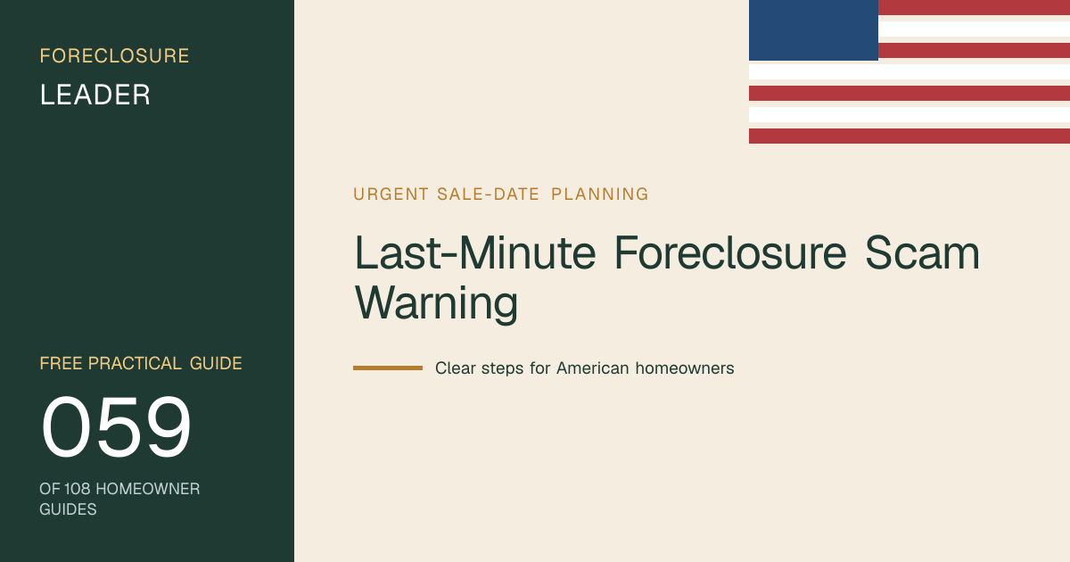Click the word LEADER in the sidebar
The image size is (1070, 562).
(x=95, y=95)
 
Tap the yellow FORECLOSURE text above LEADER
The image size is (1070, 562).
(x=115, y=56)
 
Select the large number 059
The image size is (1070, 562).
(x=116, y=426)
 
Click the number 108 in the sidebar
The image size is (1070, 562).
(x=77, y=489)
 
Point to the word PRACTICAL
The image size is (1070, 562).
(x=135, y=363)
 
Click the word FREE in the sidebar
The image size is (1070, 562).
(x=62, y=363)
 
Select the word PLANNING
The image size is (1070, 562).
(x=600, y=194)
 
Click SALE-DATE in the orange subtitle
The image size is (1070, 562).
(x=489, y=194)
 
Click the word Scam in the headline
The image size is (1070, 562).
(x=922, y=252)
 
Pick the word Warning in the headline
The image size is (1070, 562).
(x=436, y=302)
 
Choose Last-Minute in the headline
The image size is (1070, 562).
(x=475, y=252)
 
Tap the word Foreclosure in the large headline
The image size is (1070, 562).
(x=730, y=252)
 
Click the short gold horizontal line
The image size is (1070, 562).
(x=388, y=368)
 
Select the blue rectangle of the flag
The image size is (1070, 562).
(x=813, y=30)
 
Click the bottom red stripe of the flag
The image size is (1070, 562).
(x=909, y=136)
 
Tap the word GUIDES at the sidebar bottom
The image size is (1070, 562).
(x=68, y=509)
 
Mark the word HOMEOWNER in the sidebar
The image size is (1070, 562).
(x=148, y=489)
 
